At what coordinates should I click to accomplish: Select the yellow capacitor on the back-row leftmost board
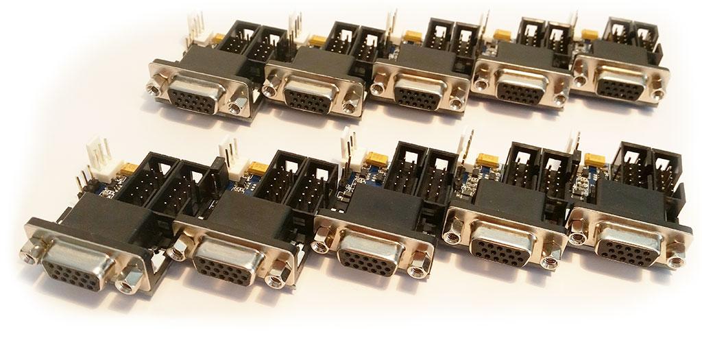[x=219, y=38]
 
